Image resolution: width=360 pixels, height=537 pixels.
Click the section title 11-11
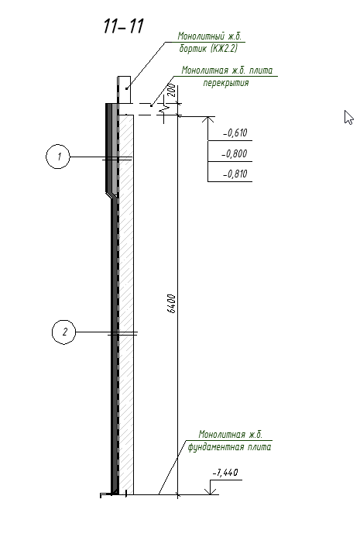tap(124, 26)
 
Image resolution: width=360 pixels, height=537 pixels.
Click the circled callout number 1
tap(58, 157)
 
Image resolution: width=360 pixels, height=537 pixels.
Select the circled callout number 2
tap(64, 332)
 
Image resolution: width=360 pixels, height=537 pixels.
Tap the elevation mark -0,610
tap(235, 133)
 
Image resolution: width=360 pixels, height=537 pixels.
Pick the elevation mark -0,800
tap(235, 153)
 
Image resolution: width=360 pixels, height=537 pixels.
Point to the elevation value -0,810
tap(235, 174)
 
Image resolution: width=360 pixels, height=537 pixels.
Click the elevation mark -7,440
tap(225, 473)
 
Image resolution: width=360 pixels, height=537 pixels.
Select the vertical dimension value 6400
tap(172, 304)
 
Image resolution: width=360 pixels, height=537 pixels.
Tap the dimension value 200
tap(172, 90)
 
